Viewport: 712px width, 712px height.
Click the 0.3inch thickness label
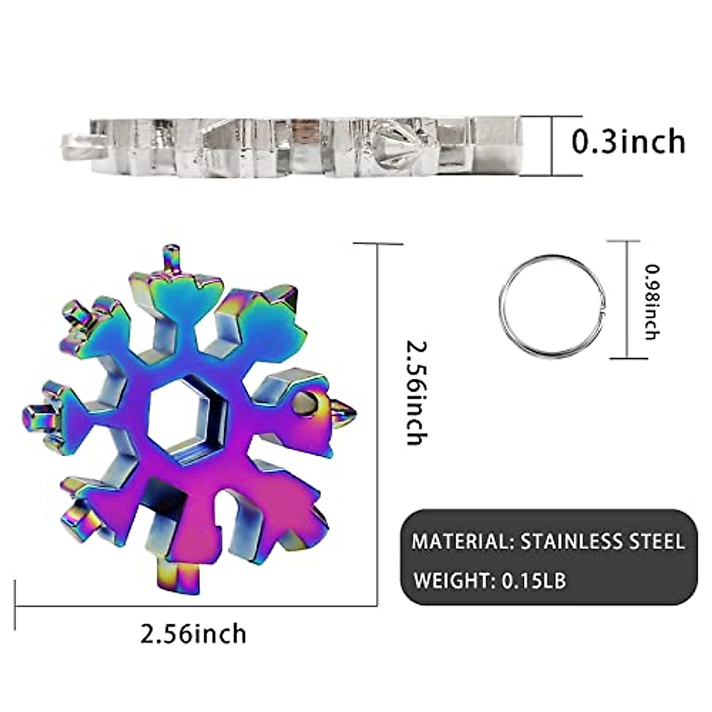pyautogui.click(x=628, y=142)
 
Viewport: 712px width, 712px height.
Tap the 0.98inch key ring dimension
pyautogui.click(x=652, y=301)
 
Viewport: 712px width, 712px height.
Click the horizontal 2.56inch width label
pyautogui.click(x=193, y=633)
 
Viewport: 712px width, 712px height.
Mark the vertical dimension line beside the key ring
pyautogui.click(x=627, y=300)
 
